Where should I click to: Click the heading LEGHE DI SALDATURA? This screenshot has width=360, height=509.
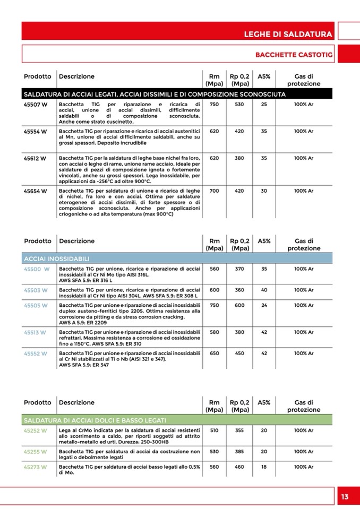[x=288, y=34]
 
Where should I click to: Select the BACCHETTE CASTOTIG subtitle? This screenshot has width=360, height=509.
[x=294, y=55]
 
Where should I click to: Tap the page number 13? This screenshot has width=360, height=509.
[x=345, y=497]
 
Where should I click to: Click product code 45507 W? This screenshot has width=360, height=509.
[x=36, y=105]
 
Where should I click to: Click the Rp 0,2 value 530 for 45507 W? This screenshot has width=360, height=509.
[x=239, y=105]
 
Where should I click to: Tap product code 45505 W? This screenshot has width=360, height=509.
[x=36, y=305]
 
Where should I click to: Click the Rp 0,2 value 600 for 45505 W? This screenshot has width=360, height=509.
[x=239, y=305]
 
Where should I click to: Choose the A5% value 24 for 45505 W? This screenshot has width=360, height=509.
[x=264, y=305]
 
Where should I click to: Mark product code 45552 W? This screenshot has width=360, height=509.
[x=36, y=353]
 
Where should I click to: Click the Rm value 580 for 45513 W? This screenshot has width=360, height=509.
[x=214, y=332]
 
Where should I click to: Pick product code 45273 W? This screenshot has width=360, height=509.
[x=36, y=467]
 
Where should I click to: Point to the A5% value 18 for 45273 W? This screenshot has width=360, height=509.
[x=264, y=467]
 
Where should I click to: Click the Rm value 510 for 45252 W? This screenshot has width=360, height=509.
[x=214, y=430]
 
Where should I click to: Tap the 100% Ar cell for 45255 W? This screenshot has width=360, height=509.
[x=304, y=452]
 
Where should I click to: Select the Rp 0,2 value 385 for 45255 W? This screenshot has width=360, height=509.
[x=239, y=452]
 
